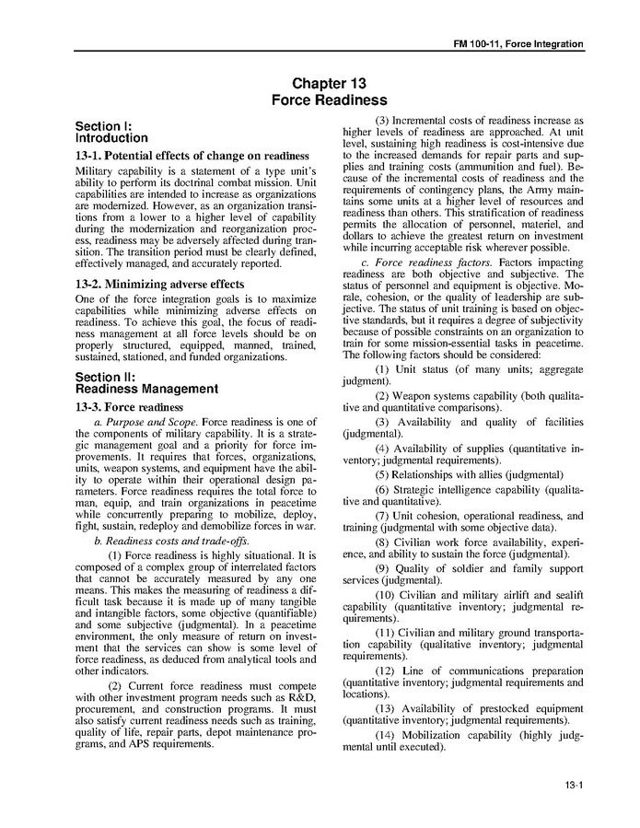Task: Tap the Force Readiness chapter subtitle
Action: pyautogui.click(x=330, y=99)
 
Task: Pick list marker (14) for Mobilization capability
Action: pyautogui.click(x=386, y=734)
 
